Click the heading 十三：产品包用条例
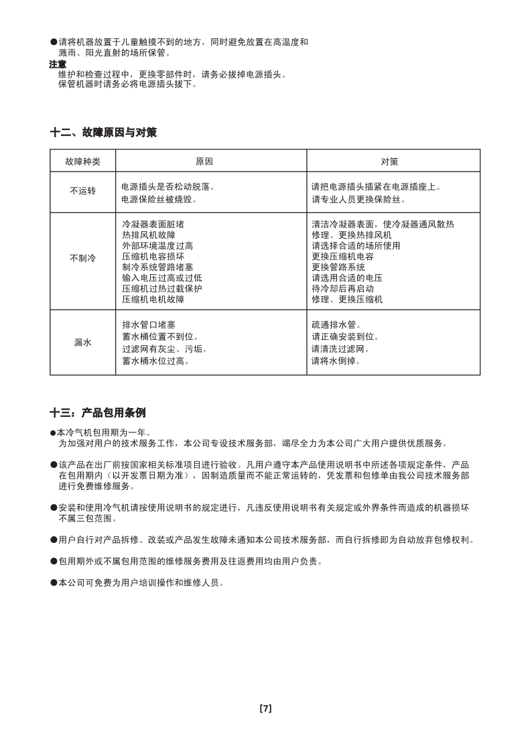97,412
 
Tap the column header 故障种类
82,162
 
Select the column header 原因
204,162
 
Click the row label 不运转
82,192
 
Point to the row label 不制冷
82,258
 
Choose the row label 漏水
82,342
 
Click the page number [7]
265,708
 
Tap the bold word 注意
58,64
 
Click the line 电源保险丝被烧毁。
159,200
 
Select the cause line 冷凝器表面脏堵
153,225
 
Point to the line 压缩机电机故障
153,300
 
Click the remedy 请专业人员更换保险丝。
358,200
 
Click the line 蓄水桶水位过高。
155,361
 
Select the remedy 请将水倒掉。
336,361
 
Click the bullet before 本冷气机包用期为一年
54,433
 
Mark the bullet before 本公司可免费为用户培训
54,583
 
